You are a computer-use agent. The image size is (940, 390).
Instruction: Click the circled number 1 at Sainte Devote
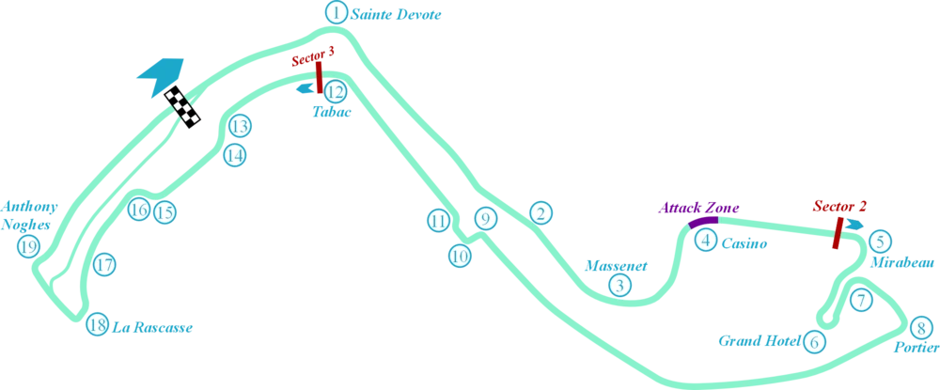tap(337, 12)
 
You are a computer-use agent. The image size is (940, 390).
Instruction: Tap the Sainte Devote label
tap(397, 14)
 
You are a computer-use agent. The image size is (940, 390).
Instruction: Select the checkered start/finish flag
tap(183, 106)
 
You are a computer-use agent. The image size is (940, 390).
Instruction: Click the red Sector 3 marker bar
tap(320, 77)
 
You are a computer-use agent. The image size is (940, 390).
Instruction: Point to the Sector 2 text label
tap(839, 206)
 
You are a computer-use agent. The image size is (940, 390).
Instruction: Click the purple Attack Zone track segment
tap(702, 223)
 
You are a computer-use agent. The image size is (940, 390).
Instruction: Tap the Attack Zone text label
tap(699, 208)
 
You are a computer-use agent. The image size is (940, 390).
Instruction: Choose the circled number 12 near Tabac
tap(336, 92)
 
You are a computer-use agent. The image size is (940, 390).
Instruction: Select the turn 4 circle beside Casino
tap(706, 241)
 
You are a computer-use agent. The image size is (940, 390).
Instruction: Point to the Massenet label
tap(617, 266)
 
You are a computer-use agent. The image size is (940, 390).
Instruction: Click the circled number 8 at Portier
tap(921, 328)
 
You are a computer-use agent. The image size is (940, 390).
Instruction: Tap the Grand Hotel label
tap(760, 341)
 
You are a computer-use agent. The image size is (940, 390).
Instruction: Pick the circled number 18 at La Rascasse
tap(97, 325)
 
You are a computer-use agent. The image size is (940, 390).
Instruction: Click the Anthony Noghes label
tap(30, 215)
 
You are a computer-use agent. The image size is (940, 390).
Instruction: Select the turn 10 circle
tap(460, 257)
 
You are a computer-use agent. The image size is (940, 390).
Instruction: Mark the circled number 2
tap(540, 212)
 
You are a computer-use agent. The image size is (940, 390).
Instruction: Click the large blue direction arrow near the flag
tap(161, 77)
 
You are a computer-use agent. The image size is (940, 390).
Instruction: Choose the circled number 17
tap(104, 265)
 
